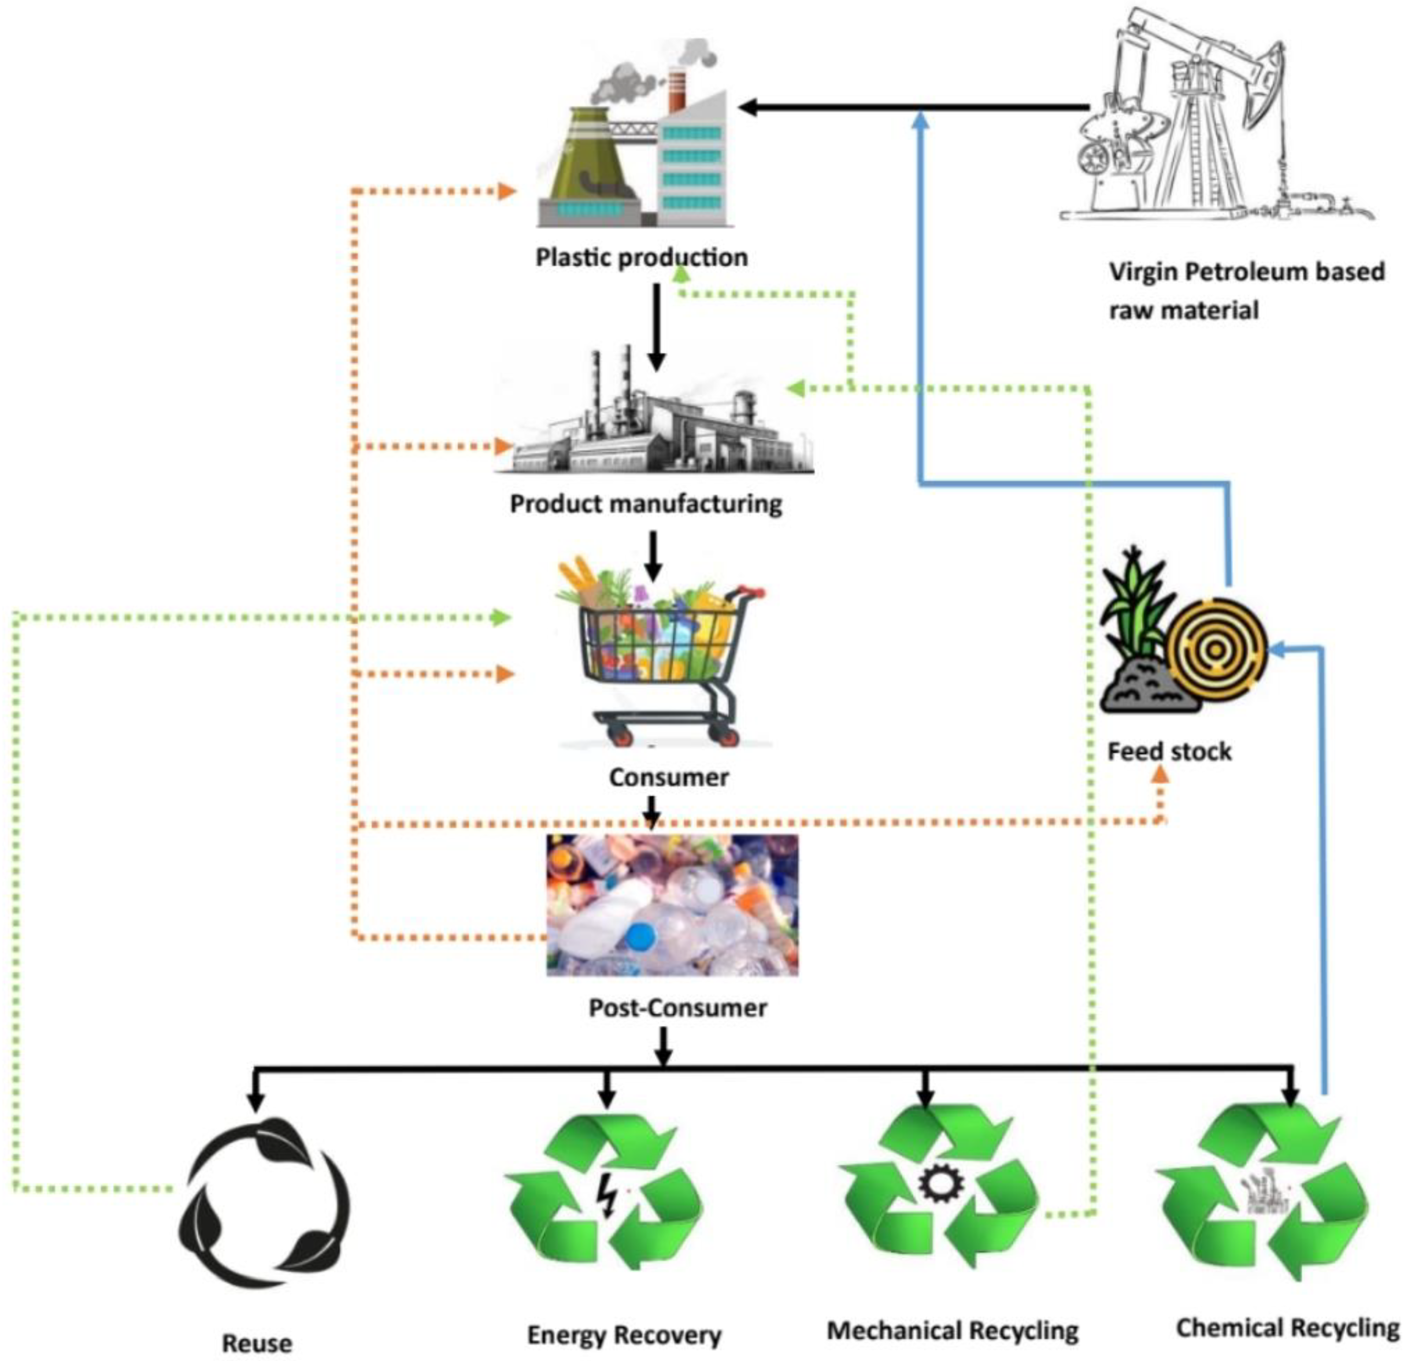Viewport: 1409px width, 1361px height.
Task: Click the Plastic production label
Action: coord(641,257)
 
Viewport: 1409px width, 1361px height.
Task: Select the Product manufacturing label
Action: coord(645,504)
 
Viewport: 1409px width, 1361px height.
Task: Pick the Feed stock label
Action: coord(1169,752)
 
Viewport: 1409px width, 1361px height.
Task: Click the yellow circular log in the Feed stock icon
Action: coord(1215,650)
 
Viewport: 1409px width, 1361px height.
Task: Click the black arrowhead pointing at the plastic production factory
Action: coord(748,108)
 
